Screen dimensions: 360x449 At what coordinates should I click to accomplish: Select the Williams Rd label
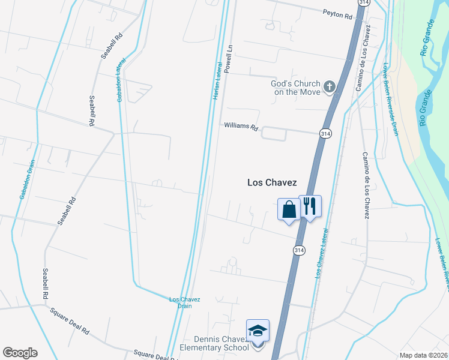[241, 127]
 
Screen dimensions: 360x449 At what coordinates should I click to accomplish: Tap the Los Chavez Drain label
[184, 302]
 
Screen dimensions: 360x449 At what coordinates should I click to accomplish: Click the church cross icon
[329, 88]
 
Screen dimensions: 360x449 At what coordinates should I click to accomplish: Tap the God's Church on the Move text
[295, 88]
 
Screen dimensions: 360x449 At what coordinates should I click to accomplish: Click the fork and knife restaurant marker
[310, 206]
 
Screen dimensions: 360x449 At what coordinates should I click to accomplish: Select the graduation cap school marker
[258, 331]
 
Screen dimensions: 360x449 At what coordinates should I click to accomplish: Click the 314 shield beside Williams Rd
[325, 133]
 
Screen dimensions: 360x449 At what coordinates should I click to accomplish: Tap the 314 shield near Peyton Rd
[363, 2]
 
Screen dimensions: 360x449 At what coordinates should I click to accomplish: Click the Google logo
[20, 353]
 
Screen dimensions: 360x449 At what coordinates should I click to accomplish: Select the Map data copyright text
[423, 355]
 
